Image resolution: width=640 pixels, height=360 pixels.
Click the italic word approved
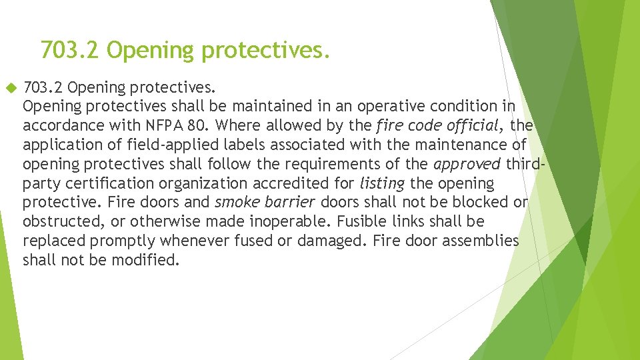(467, 164)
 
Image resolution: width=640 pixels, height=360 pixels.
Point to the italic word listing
(381, 183)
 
